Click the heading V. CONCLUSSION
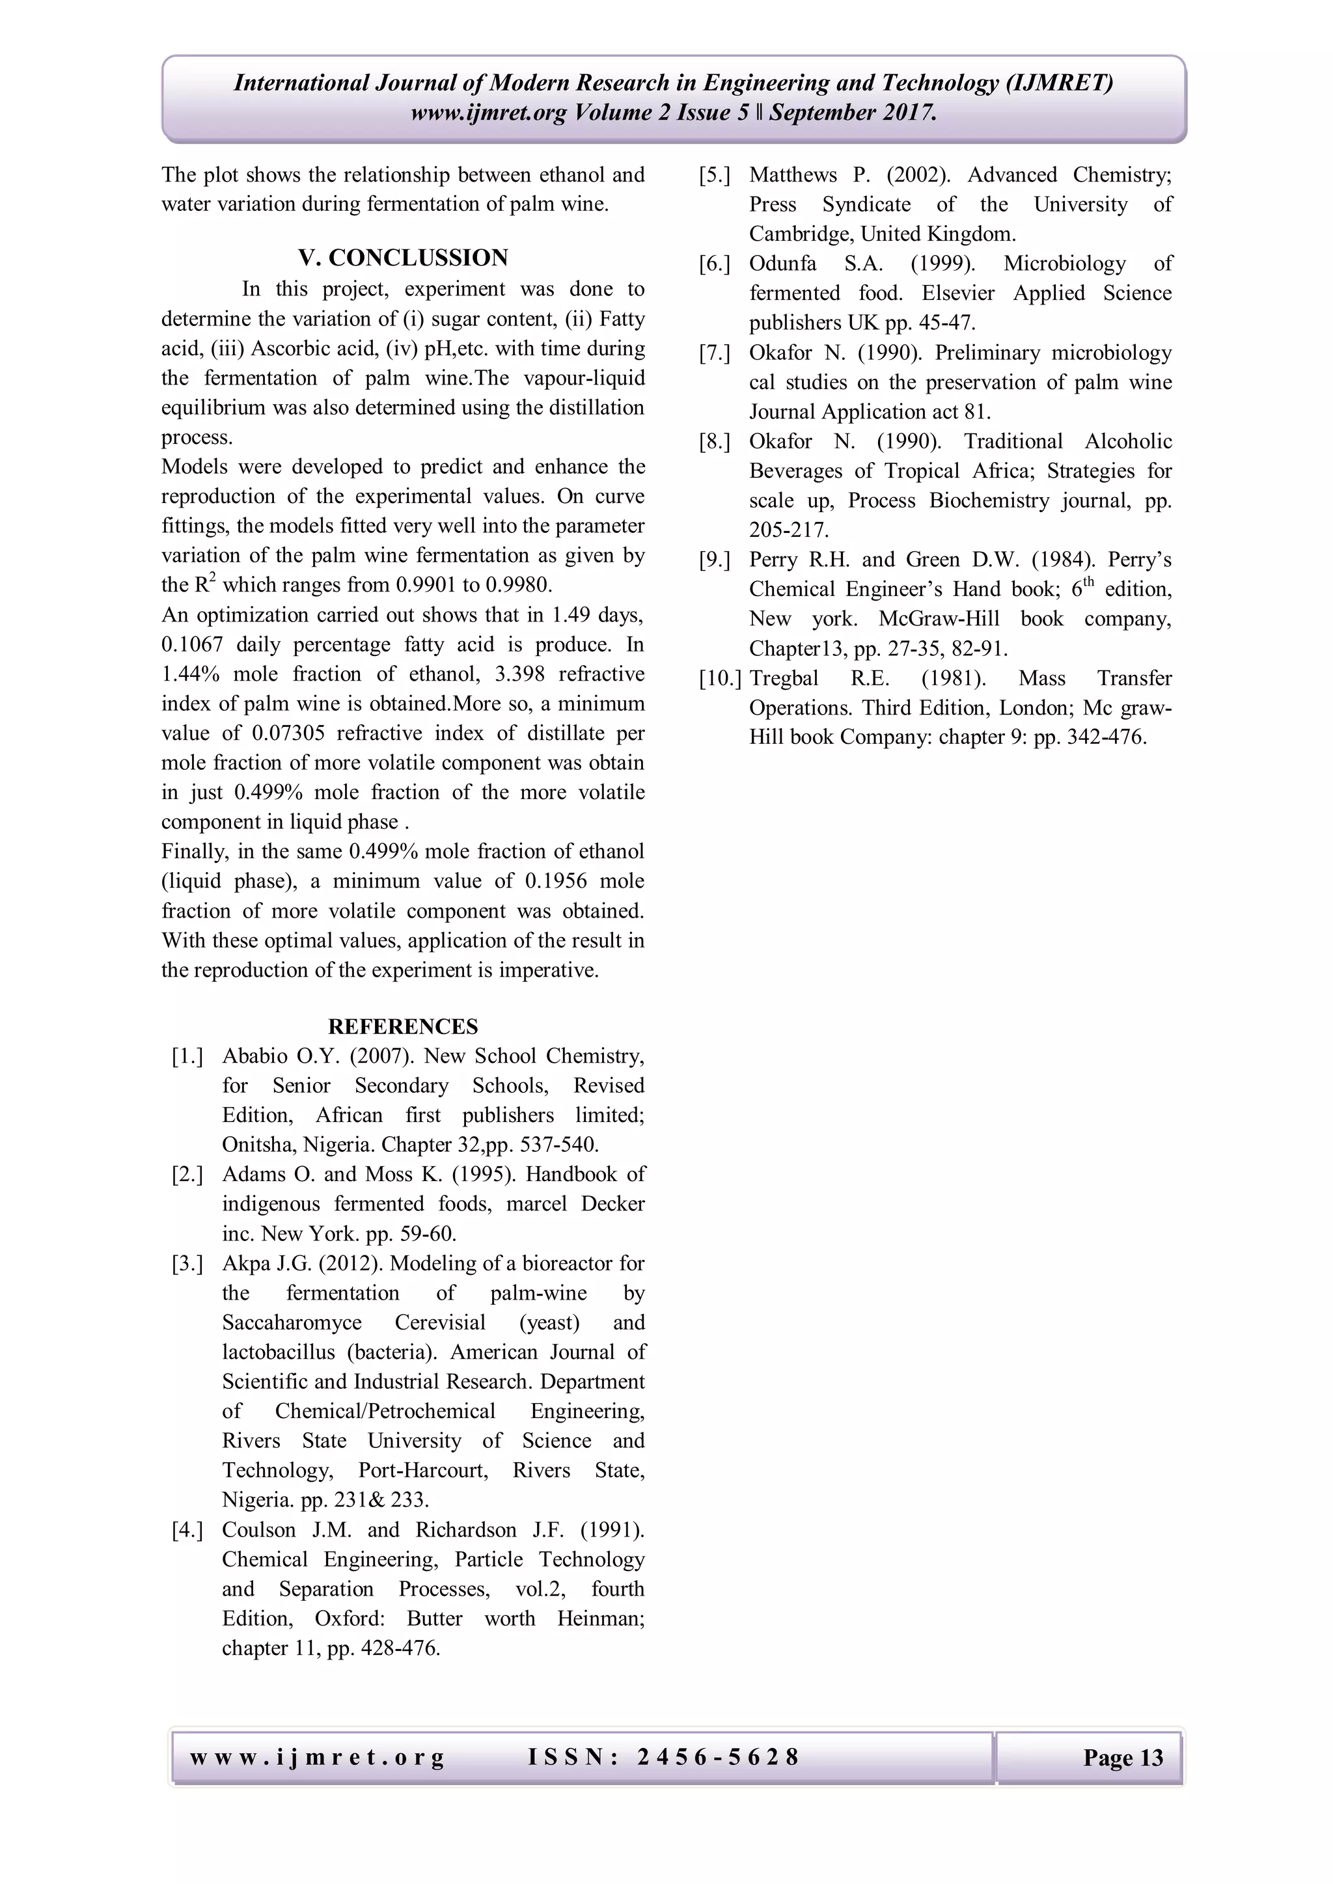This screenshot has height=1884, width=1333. pyautogui.click(x=403, y=258)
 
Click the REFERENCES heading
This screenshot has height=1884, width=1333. pyautogui.click(x=403, y=1026)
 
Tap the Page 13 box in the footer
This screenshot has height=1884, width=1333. pyautogui.click(x=1122, y=1758)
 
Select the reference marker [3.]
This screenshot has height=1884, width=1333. pyautogui.click(x=187, y=1264)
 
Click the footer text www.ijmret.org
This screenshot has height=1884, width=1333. pyautogui.click(x=318, y=1758)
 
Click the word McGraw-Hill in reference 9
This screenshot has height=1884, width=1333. pyautogui.click(x=939, y=619)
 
